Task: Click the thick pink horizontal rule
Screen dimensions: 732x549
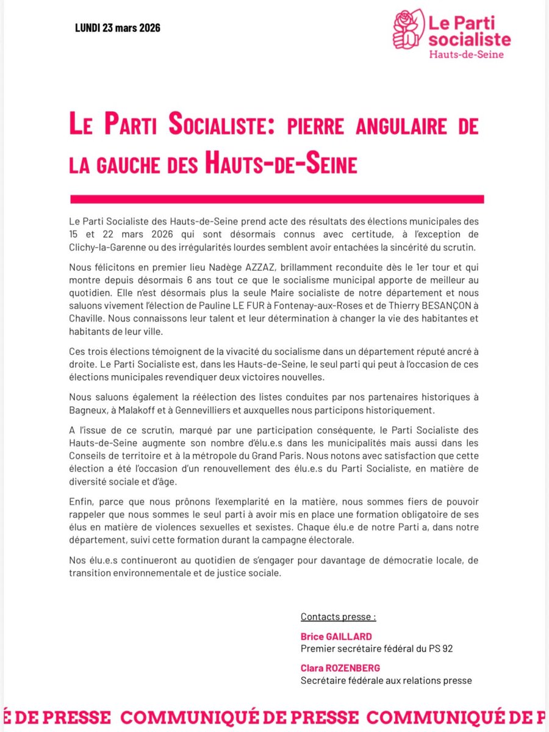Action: [x=277, y=199]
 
